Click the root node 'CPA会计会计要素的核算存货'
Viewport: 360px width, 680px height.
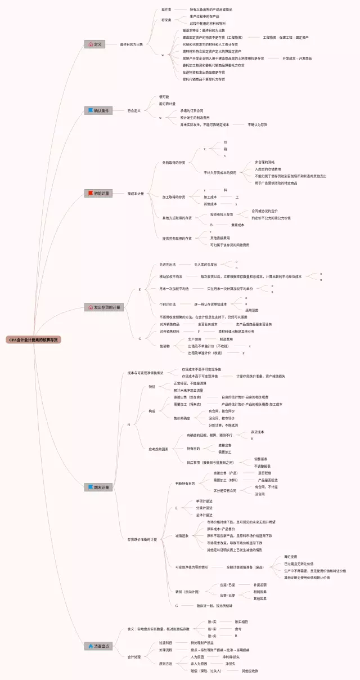pos(34,340)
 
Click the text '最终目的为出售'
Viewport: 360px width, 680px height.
pos(132,44)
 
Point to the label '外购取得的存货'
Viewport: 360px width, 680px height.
pos(174,163)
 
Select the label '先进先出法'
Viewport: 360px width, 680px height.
pos(168,264)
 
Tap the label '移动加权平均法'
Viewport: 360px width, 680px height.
pos(171,277)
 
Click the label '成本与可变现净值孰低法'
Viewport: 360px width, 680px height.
pos(145,357)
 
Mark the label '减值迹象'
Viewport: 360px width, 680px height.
pos(182,536)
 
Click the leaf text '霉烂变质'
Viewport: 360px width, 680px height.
pos(291,557)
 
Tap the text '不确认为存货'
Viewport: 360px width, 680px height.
pos(258,124)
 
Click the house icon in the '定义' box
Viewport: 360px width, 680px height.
pos(91,44)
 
